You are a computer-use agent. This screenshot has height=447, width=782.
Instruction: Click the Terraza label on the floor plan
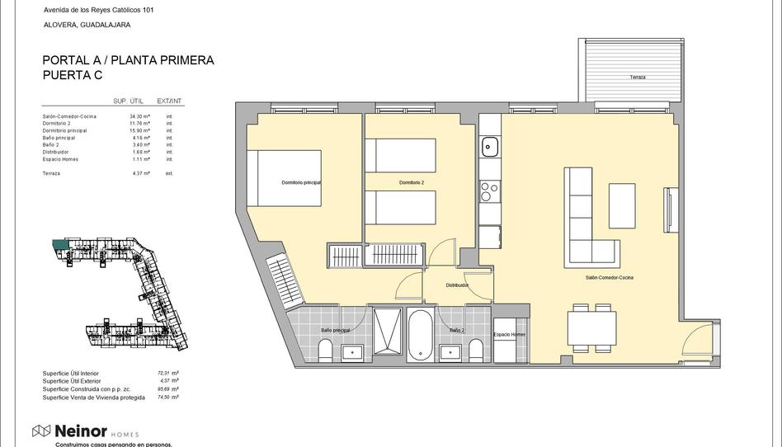pos(637,78)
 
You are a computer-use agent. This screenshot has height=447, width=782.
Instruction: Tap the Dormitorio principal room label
pos(300,182)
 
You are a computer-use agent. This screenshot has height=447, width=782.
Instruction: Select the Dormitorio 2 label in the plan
pos(411,182)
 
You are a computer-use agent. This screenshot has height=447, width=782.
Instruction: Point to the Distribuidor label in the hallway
pos(457,285)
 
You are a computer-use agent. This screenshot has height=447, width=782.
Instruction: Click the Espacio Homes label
pos(509,334)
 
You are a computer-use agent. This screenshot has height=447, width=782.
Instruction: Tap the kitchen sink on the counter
pos(489,148)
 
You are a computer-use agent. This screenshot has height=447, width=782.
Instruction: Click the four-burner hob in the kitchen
pos(490,191)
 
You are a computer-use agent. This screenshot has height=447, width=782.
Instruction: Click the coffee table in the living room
pos(622,205)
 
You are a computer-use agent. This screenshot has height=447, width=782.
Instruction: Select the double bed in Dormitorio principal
pos(290,177)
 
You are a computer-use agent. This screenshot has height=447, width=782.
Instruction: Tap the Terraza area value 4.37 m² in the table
pos(140,174)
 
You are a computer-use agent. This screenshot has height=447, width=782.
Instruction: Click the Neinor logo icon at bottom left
pos(41,431)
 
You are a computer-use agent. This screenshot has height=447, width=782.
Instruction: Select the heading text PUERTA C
pos(73,75)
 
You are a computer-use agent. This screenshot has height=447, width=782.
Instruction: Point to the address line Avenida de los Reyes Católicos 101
pos(98,10)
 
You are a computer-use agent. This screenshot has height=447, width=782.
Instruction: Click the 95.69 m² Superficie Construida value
pos(168,389)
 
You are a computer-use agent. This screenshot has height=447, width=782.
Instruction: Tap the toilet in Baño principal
pos(325,351)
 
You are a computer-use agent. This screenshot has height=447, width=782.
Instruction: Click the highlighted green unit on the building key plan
pos(60,244)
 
